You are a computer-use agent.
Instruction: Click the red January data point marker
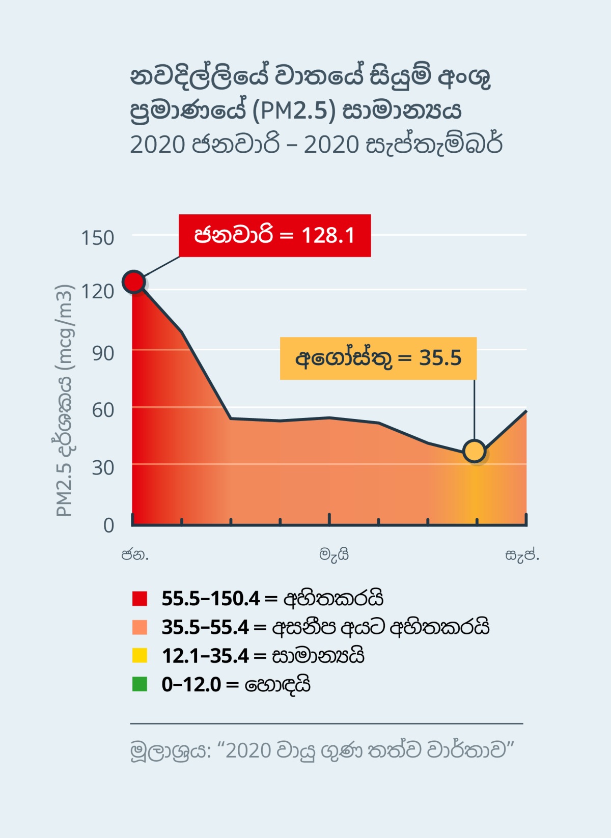133,282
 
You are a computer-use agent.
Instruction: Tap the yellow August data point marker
475,451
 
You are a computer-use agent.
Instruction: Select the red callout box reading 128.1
274,236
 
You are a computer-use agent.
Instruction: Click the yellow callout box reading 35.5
378,358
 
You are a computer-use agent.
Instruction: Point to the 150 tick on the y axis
97,238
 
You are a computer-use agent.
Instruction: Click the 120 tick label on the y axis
97,291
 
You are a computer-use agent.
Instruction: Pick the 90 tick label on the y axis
103,353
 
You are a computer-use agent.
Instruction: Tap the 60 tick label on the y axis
103,410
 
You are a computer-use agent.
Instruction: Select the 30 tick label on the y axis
103,467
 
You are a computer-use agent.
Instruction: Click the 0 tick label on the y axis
108,525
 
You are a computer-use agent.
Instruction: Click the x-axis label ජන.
135,554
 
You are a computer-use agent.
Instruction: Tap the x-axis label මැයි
334,554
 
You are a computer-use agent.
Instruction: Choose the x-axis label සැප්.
522,554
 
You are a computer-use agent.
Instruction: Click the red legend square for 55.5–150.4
140,598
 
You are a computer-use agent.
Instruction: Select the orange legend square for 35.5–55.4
140,627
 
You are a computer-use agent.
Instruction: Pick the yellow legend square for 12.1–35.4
140,655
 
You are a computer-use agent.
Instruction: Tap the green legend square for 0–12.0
140,684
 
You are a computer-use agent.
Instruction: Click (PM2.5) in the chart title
294,110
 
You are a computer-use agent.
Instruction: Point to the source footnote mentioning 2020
322,750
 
